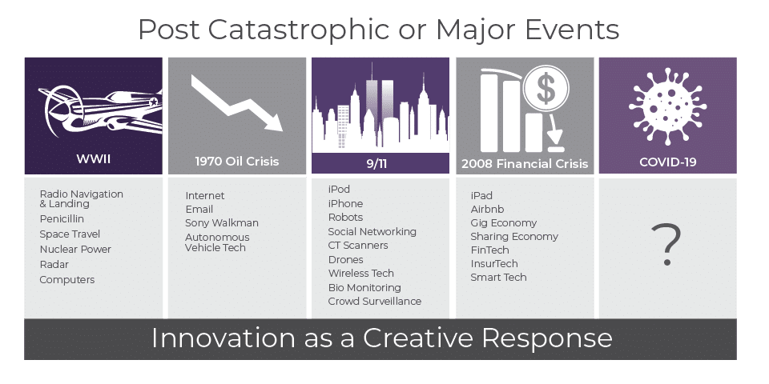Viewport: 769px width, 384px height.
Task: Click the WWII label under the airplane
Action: (x=93, y=158)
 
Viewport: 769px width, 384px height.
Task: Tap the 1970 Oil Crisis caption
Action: (x=237, y=161)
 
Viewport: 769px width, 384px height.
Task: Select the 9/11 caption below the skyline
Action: (x=376, y=163)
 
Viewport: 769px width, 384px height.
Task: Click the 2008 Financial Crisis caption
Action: (x=524, y=163)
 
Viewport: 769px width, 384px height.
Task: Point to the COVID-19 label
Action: (x=667, y=162)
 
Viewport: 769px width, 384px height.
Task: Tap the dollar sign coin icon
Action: (x=546, y=89)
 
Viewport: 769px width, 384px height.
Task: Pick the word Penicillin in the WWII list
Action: (x=62, y=219)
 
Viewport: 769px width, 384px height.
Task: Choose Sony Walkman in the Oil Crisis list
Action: (x=222, y=223)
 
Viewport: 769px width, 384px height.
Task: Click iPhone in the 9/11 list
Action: (x=345, y=204)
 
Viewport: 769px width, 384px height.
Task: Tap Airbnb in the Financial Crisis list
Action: (x=487, y=209)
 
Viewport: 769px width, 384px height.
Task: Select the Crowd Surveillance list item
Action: (x=375, y=302)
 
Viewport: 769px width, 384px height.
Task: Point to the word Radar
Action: (x=54, y=265)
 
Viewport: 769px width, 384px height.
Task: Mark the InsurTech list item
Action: (x=494, y=263)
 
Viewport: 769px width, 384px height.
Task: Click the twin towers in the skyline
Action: (x=378, y=103)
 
